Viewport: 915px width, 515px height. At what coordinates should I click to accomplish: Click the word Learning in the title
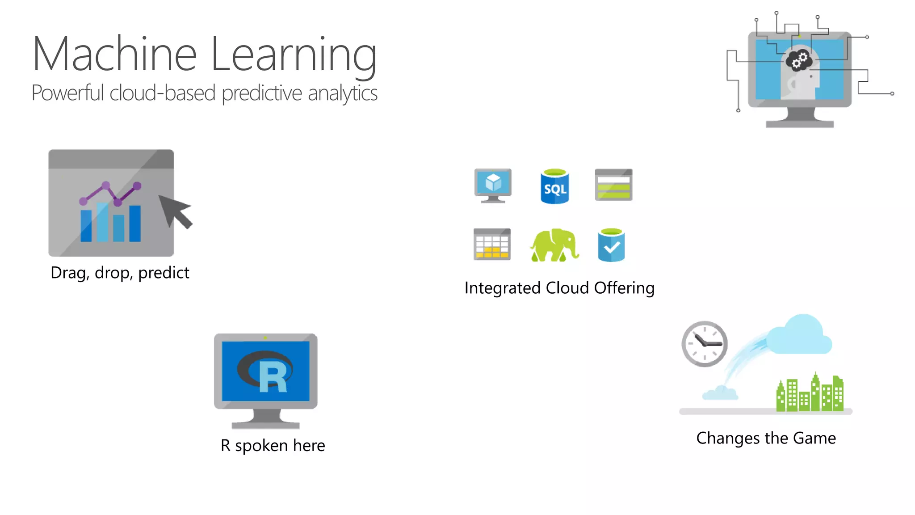click(x=294, y=55)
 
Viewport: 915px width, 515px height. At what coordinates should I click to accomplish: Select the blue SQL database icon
click(x=554, y=186)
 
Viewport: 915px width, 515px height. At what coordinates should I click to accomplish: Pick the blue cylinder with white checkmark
click(x=611, y=245)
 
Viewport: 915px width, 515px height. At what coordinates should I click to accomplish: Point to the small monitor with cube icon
click(x=493, y=185)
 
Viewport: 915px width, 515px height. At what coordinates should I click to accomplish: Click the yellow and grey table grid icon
click(x=492, y=244)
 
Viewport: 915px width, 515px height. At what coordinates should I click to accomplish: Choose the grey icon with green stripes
click(x=613, y=185)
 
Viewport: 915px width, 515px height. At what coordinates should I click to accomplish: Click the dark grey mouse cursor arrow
click(x=176, y=211)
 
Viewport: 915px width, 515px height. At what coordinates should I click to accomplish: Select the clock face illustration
click(x=705, y=344)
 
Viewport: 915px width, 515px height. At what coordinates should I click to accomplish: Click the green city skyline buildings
click(x=810, y=393)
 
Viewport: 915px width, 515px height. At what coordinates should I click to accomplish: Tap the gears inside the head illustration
click(x=799, y=60)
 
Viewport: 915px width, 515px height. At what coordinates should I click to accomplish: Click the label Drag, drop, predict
click(x=120, y=273)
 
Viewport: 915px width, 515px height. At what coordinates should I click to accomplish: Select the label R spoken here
click(x=273, y=445)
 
